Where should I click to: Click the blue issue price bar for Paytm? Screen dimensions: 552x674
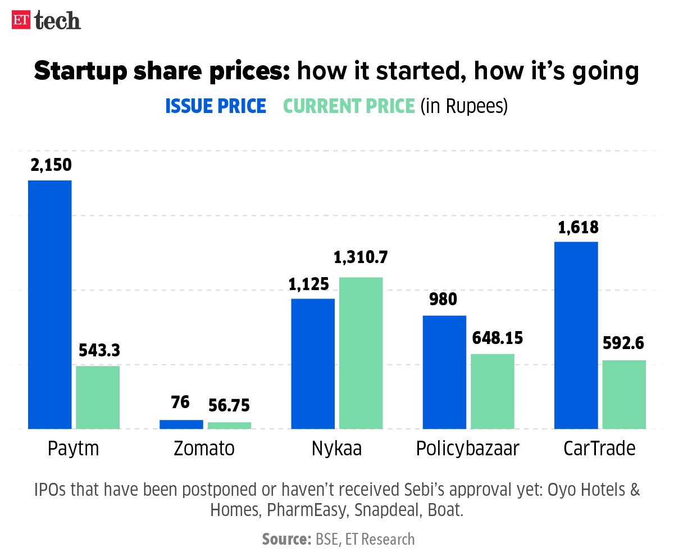click(50, 304)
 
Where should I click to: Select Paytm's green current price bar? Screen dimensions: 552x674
click(98, 397)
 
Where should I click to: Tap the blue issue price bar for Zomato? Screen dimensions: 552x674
click(181, 424)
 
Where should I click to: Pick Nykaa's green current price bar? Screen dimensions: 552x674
click(361, 352)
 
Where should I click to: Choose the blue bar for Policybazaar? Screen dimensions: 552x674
click(444, 372)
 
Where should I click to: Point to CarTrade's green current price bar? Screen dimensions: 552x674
click(624, 394)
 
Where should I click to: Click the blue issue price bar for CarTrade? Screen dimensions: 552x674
click(576, 335)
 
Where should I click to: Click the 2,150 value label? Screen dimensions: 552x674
click(50, 166)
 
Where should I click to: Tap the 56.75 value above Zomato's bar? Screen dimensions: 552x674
click(229, 405)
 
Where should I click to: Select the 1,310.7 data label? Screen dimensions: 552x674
click(361, 258)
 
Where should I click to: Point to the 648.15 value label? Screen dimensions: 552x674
click(492, 338)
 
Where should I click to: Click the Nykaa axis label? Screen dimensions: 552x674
click(337, 449)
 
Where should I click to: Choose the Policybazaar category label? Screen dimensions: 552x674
click(468, 449)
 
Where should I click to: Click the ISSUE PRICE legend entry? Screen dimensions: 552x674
click(216, 106)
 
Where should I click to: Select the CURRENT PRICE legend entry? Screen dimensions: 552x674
click(349, 106)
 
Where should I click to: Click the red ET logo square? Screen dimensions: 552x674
click(21, 20)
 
